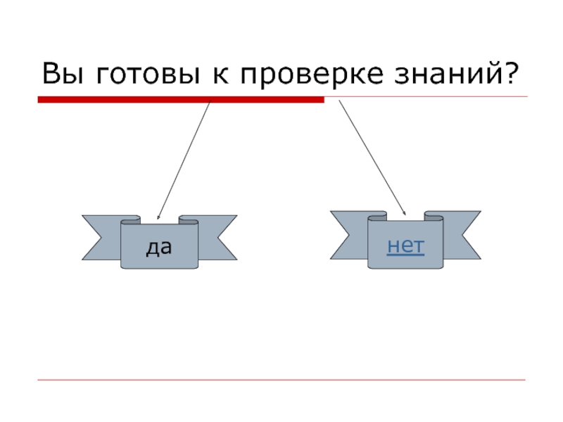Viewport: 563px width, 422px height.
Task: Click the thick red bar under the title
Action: coord(180,101)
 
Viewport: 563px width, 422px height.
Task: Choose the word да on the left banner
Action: coord(159,247)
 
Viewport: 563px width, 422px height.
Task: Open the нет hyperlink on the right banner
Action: coord(406,245)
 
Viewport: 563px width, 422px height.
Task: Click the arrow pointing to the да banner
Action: coord(184,158)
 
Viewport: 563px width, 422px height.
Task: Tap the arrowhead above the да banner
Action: coord(158,217)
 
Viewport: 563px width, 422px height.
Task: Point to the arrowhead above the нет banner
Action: coord(405,212)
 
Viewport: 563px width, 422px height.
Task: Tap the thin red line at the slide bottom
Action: coord(281,381)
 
